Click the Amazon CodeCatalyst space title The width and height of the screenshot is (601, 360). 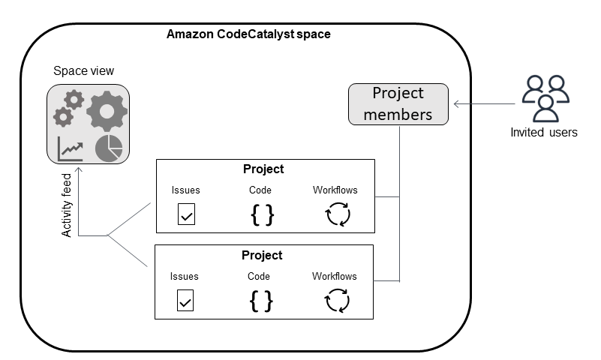click(x=248, y=34)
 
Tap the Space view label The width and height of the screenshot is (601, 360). click(x=83, y=71)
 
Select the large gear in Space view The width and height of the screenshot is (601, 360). click(x=107, y=111)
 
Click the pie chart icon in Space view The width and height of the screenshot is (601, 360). click(x=109, y=148)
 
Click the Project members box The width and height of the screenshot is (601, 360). click(x=398, y=103)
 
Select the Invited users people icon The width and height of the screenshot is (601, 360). click(x=545, y=98)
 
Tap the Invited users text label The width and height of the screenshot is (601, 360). click(x=544, y=133)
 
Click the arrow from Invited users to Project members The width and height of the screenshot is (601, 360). click(x=480, y=104)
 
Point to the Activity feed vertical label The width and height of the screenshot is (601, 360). click(x=67, y=205)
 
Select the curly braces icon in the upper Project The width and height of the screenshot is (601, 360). click(x=262, y=215)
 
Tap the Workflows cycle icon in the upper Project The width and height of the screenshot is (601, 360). click(x=338, y=215)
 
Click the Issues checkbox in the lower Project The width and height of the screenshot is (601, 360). click(x=185, y=301)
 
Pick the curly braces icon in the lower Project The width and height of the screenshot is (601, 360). click(x=260, y=301)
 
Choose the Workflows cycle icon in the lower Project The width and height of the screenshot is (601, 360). click(x=337, y=301)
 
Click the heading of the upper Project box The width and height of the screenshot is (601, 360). click(x=263, y=169)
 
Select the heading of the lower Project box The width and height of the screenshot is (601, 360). click(x=262, y=255)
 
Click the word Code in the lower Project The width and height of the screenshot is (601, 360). click(x=259, y=277)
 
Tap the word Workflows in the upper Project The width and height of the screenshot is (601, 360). click(x=335, y=190)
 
